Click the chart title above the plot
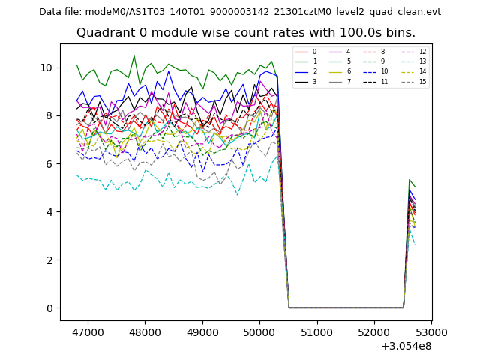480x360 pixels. click(x=246, y=33)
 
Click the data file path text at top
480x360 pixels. click(x=240, y=12)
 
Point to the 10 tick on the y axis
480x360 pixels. click(x=46, y=67)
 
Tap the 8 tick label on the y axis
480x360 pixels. click(x=49, y=115)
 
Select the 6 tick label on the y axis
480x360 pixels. click(x=49, y=163)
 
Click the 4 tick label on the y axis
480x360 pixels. click(x=49, y=211)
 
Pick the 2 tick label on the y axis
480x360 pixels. click(x=49, y=259)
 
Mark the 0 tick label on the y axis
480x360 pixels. click(x=49, y=307)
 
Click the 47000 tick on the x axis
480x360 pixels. click(x=87, y=331)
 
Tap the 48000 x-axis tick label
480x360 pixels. click(x=144, y=331)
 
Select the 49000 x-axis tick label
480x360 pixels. click(x=202, y=331)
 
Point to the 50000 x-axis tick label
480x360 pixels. click(x=259, y=331)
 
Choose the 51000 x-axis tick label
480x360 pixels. click(x=316, y=331)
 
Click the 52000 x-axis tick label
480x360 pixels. click(x=374, y=331)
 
